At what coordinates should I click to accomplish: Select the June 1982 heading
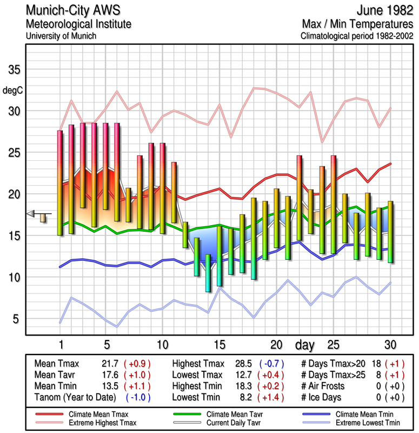click(384, 11)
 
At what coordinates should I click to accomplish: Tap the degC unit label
click(13, 91)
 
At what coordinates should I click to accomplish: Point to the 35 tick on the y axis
click(14, 70)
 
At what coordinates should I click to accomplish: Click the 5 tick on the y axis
click(16, 319)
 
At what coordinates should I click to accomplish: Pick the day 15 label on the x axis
click(219, 344)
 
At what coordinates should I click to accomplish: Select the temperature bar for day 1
click(60, 183)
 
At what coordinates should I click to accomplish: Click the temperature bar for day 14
click(208, 273)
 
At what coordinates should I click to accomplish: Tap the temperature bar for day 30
click(390, 232)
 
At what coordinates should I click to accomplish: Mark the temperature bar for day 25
click(334, 204)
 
